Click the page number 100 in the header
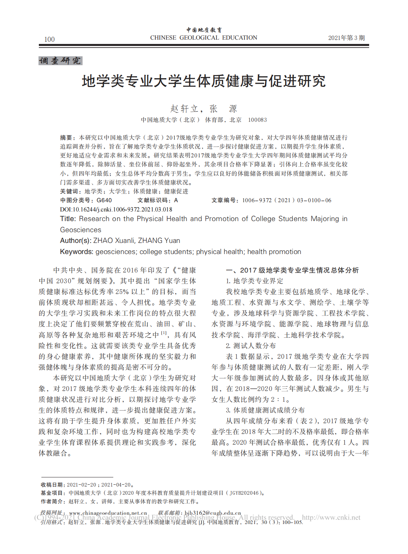click(x=49, y=39)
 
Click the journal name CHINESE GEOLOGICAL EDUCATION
click(x=203, y=38)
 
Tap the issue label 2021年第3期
click(x=346, y=38)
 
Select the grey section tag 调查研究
click(x=60, y=61)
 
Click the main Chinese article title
click(x=204, y=81)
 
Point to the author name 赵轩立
click(x=184, y=109)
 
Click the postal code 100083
click(x=257, y=120)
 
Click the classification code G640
click(x=104, y=200)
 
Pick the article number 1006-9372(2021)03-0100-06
click(x=287, y=200)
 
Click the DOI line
click(x=116, y=209)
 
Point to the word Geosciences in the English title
click(x=80, y=230)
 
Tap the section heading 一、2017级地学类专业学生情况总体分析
click(x=292, y=270)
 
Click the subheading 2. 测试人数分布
click(x=251, y=346)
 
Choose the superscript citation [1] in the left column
click(x=164, y=333)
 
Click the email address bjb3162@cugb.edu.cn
click(x=213, y=513)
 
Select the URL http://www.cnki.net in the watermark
click(x=331, y=517)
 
